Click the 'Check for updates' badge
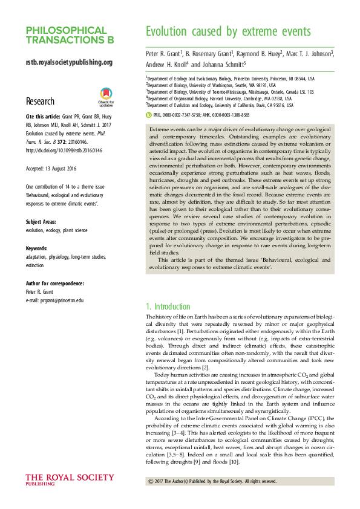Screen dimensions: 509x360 click(106, 97)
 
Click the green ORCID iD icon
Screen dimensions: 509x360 click(149, 114)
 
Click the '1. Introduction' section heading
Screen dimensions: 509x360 click(168, 306)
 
